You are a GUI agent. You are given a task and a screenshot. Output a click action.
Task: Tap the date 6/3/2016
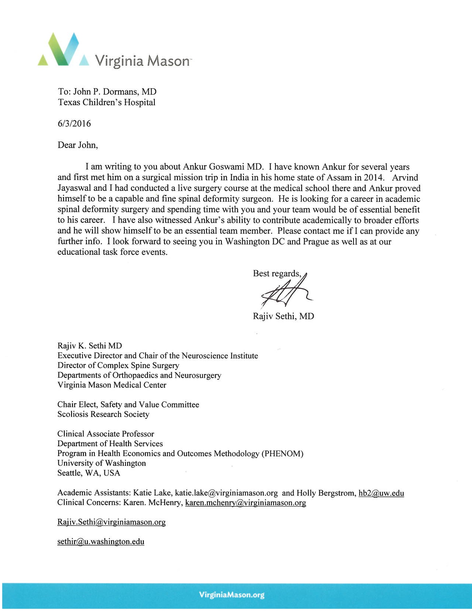(x=74, y=124)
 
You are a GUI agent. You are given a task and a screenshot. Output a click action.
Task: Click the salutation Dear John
(x=77, y=145)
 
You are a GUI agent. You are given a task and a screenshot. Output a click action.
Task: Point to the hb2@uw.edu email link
(x=381, y=493)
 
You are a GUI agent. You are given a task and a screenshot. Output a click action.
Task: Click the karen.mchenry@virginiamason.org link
(x=245, y=503)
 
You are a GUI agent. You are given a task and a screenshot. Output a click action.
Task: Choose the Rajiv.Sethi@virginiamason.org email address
(x=111, y=522)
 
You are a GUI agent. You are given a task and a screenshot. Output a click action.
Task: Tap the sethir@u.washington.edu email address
(x=101, y=542)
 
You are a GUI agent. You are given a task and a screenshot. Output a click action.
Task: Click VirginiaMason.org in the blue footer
(x=232, y=595)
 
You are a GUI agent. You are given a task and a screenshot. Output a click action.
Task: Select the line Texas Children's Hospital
(x=107, y=103)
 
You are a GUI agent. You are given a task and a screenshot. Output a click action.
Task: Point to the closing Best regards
(x=277, y=274)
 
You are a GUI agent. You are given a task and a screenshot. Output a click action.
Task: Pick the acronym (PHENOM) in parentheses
(x=282, y=454)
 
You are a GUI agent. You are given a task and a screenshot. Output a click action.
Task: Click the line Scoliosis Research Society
(x=103, y=414)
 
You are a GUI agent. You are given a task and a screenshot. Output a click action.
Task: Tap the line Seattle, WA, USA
(x=89, y=473)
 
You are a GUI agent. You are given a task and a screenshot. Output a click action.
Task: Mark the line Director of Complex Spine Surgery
(x=118, y=365)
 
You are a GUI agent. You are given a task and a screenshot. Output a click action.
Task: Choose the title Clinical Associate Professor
(x=106, y=434)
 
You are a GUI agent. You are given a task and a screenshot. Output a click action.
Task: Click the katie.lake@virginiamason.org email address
(x=226, y=493)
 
